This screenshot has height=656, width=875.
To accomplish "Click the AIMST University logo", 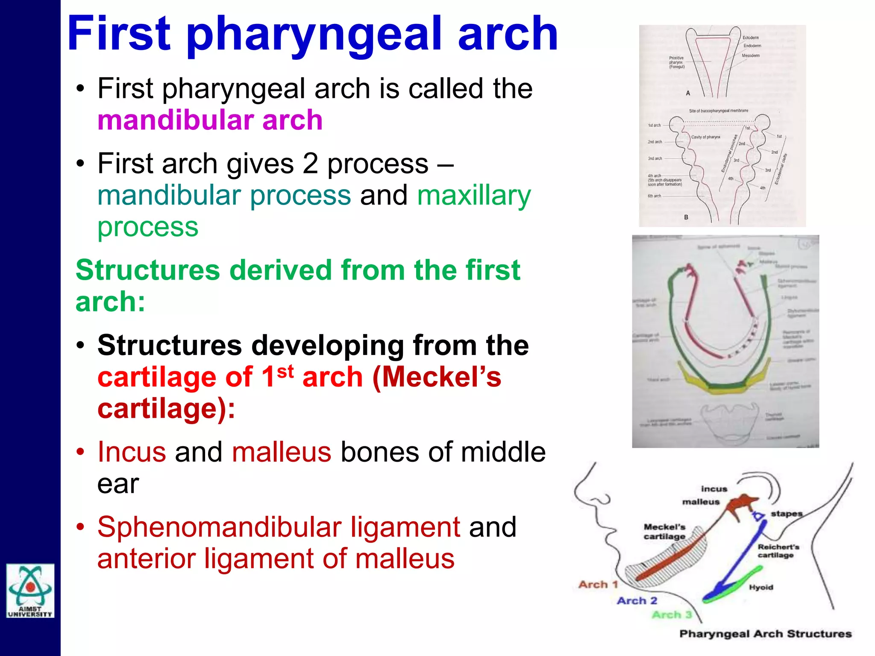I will [x=30, y=591].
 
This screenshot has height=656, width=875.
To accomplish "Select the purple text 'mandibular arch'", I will [x=210, y=120].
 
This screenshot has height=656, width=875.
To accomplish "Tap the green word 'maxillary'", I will [x=473, y=196].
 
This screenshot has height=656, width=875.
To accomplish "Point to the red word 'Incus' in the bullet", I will [x=132, y=452].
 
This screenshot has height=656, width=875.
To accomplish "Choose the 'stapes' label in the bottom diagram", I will [x=786, y=513].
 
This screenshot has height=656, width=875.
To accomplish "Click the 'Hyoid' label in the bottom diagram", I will [x=761, y=587].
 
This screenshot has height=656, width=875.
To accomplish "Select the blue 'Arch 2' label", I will [x=637, y=600].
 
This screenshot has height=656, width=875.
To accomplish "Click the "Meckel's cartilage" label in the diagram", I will [x=664, y=531].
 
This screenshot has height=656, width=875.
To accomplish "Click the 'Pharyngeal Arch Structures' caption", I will [x=765, y=634].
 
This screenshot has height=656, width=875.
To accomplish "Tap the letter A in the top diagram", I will [x=688, y=93].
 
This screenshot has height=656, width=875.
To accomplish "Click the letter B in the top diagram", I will [x=686, y=217].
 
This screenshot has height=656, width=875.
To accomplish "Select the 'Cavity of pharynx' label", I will [x=706, y=137].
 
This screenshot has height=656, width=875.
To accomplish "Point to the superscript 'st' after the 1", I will [x=285, y=371].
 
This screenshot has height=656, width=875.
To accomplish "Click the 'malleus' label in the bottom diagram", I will [x=701, y=502].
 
